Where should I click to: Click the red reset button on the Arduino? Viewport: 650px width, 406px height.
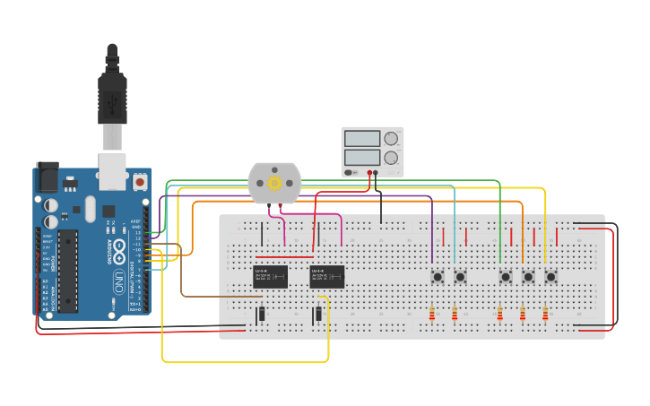coord(139,182)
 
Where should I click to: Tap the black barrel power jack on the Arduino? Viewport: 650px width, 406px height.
coord(46,177)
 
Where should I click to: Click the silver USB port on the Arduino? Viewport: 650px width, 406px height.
coord(112,171)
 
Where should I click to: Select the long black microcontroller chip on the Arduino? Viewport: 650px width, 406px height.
coord(68,271)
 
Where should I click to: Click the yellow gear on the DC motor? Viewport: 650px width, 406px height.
coord(275,183)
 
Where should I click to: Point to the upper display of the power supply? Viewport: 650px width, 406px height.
coord(362,139)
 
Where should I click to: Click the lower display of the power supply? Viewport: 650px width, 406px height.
coord(362,159)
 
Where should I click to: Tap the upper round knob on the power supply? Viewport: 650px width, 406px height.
coord(391,139)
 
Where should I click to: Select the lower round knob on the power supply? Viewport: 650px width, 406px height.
coord(391,159)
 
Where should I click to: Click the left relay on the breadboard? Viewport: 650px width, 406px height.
coord(270,276)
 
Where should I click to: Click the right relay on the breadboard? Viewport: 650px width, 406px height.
coord(327,276)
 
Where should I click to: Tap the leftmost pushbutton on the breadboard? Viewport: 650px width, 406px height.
coord(438,277)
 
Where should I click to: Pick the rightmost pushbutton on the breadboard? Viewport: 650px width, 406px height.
coord(550,277)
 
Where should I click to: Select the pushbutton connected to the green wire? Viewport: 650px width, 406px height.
coord(506,277)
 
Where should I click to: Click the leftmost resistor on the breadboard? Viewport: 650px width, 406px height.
coord(432,314)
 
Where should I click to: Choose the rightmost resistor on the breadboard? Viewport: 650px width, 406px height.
coord(545,314)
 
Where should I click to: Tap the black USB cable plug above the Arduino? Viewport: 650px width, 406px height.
coord(112,90)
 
